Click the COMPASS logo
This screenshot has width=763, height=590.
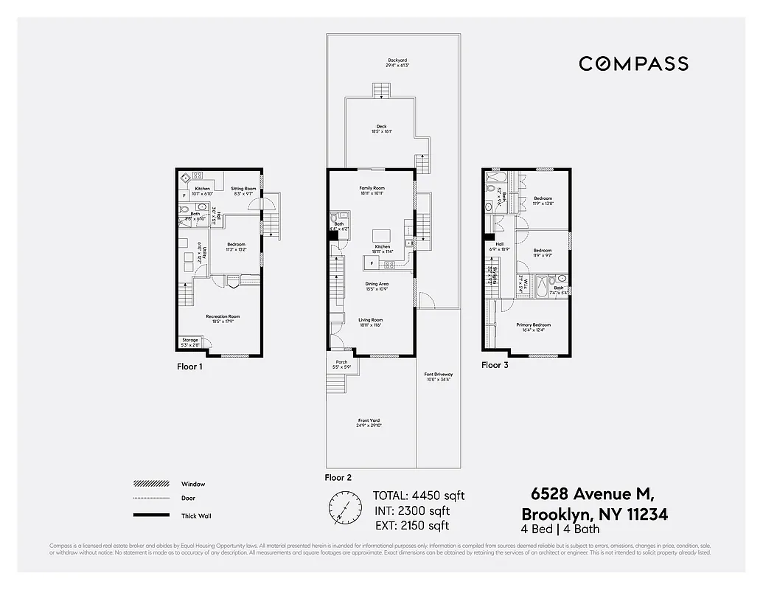click(x=633, y=63)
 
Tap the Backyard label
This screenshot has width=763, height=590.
click(x=397, y=63)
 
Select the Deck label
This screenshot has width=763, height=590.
click(x=381, y=129)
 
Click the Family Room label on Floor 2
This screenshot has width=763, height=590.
click(x=372, y=191)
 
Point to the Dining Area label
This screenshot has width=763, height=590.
click(x=377, y=286)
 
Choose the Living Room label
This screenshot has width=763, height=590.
click(x=371, y=322)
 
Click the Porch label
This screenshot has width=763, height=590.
click(x=341, y=364)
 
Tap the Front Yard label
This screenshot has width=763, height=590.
click(x=369, y=423)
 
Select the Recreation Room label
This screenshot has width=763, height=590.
click(x=222, y=319)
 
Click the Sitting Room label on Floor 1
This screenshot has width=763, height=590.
click(x=243, y=191)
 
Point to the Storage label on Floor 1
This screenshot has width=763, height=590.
click(x=190, y=342)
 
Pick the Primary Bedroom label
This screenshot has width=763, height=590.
click(x=533, y=327)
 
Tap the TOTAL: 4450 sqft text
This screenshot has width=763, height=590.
click(x=419, y=496)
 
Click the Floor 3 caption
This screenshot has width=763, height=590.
click(x=495, y=365)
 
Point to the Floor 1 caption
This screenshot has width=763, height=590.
click(x=189, y=366)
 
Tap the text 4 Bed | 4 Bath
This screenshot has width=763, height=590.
click(x=560, y=529)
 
